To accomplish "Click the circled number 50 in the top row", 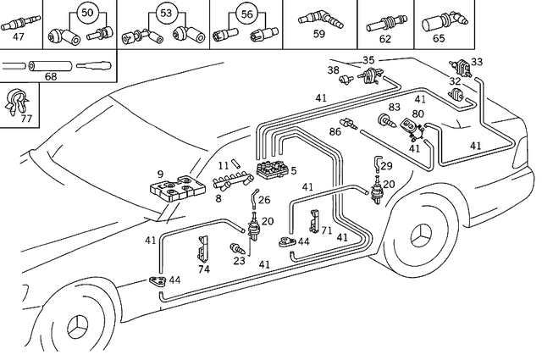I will point(87,12).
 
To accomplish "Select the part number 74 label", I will point(203,269).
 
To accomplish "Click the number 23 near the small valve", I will point(240,262).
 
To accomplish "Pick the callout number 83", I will point(395,108).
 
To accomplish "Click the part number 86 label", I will point(335,132).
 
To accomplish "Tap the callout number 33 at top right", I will point(477,62).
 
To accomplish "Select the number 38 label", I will point(333,70).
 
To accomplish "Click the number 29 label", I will point(386,166).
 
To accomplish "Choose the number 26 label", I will point(263,201).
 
